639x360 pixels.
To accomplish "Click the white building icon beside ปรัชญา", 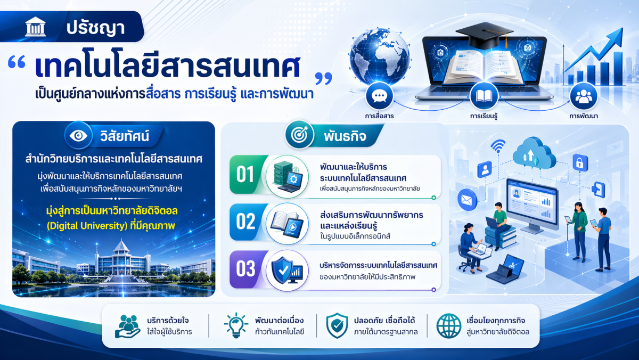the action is pos(35,27).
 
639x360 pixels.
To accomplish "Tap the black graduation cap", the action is pos(485,35).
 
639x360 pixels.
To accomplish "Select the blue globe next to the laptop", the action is pos(380,56).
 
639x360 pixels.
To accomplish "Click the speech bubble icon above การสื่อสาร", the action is pos(379,96).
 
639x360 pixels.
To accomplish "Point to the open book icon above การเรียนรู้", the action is pos(484,96).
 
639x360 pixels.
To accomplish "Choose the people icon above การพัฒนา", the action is pos(584,96).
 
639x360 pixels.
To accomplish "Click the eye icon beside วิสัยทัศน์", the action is pos(78,135).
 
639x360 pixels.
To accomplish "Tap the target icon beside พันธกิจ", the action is pos(299,135).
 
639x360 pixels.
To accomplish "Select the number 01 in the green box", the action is pos(245,174).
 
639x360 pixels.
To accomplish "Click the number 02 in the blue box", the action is pos(245,222).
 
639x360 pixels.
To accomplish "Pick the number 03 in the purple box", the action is pos(245,268).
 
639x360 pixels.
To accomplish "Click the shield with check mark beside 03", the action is pos(282,270).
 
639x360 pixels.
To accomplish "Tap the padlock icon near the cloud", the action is pos(580,162).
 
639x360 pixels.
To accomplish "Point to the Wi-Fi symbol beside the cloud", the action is pos(498,146).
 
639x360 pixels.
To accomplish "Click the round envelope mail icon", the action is pos(467,200).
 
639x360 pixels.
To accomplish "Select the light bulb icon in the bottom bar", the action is pos(236,325).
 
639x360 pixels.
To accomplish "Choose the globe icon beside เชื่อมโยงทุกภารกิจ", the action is pos(449,326).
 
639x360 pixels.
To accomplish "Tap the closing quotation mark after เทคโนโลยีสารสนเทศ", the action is pos(324,78).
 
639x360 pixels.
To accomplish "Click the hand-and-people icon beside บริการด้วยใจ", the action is pos(127,326).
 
